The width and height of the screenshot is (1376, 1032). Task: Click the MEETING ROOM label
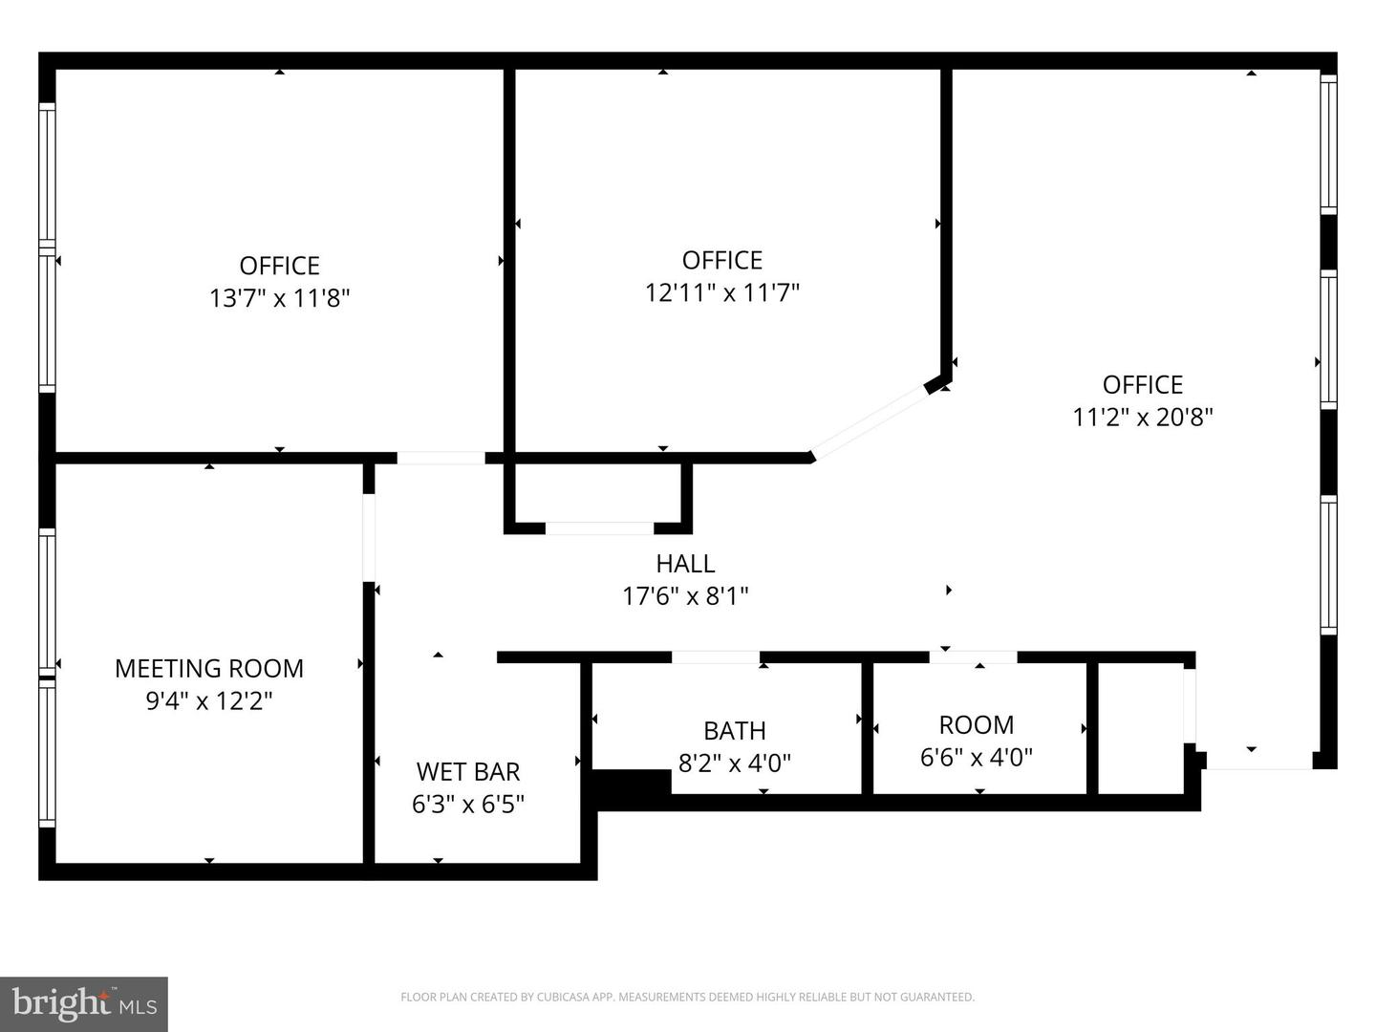[209, 668]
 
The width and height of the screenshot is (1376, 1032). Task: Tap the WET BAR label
[468, 771]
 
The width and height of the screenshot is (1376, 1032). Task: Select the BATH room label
[734, 730]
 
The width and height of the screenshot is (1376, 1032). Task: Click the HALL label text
[685, 564]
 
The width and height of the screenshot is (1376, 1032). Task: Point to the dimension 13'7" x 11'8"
[280, 298]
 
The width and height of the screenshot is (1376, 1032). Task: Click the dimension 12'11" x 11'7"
[721, 292]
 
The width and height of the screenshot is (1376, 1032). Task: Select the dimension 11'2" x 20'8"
[1143, 417]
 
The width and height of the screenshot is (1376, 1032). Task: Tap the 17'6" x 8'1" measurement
[685, 596]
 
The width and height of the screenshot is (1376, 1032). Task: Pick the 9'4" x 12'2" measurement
[209, 700]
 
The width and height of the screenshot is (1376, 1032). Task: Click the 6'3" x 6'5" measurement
[468, 804]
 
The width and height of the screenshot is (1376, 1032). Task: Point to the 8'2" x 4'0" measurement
[734, 763]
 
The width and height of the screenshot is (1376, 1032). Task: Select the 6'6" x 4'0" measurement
[976, 757]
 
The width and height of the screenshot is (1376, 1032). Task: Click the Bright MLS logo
[84, 1003]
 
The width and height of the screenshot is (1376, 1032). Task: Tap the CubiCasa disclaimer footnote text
[687, 997]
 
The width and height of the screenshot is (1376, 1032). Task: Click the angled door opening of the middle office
[869, 421]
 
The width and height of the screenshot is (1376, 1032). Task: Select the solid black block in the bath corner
[632, 783]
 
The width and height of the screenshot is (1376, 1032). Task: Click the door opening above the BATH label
[716, 657]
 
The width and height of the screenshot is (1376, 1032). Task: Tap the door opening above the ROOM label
[973, 657]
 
